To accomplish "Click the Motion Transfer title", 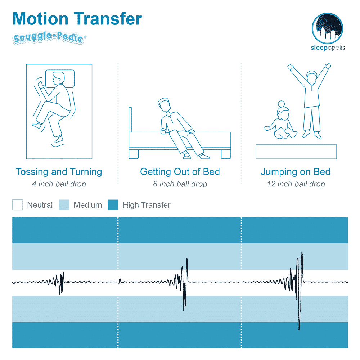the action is coord(77,19).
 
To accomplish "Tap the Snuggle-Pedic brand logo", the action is coord(49,38).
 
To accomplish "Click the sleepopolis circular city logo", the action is coord(327,28).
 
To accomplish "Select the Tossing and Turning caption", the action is coord(59,172).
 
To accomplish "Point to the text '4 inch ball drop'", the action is coord(59,184).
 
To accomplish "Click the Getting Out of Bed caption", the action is coord(180,172).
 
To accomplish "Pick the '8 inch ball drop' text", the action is coord(180,184).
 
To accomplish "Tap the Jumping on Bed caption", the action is coord(296,172).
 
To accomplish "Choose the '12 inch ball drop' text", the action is coord(296,184).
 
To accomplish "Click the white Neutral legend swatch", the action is coord(17,205).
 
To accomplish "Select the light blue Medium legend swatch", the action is coord(64,205).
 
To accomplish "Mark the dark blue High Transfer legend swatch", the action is coord(113,205).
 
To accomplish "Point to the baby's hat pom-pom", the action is coord(281,104).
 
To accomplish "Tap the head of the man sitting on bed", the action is coord(164,105).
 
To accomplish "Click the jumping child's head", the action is coord(312,77).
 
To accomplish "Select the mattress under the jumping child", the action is coord(296,152).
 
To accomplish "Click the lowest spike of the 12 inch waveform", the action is coord(299,330).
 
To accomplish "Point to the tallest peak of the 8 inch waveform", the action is coord(187,259).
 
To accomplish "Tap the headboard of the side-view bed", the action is coord(130,120).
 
